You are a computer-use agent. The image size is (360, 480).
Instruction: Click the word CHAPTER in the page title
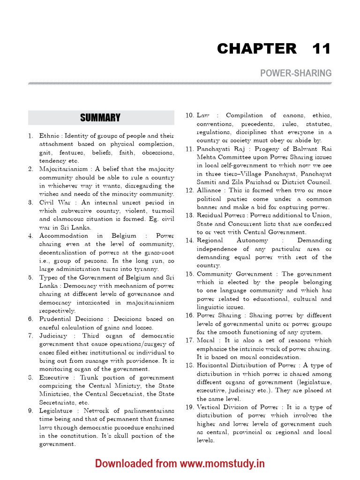tap(256, 48)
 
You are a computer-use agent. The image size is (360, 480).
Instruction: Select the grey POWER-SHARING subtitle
tap(296, 73)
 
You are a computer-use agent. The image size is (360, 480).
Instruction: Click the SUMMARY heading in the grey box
tap(100, 118)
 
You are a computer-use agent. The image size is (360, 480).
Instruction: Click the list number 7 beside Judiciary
tap(30, 336)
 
